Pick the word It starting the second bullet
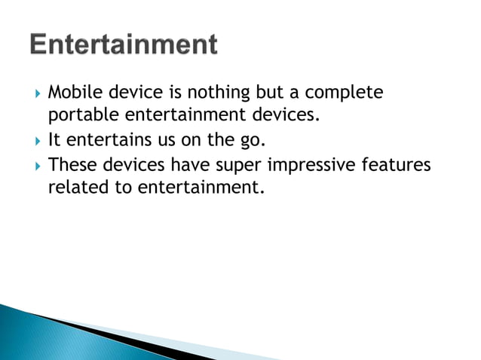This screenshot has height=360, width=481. click(x=54, y=139)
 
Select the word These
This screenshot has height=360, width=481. click(x=72, y=163)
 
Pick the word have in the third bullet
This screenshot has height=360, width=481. click(x=186, y=163)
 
